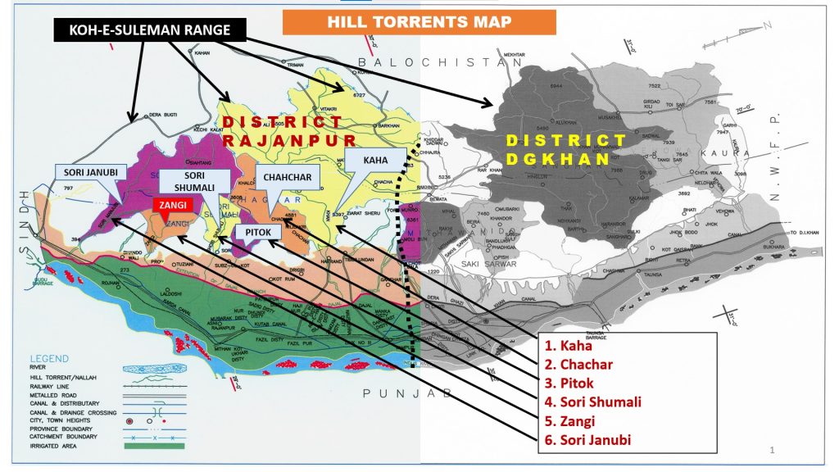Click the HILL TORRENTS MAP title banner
[x=419, y=22]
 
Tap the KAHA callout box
[x=376, y=161]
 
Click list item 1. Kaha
[x=567, y=346]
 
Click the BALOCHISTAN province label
[x=440, y=62]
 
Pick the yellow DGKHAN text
[x=557, y=158]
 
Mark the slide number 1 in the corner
[x=773, y=449]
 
